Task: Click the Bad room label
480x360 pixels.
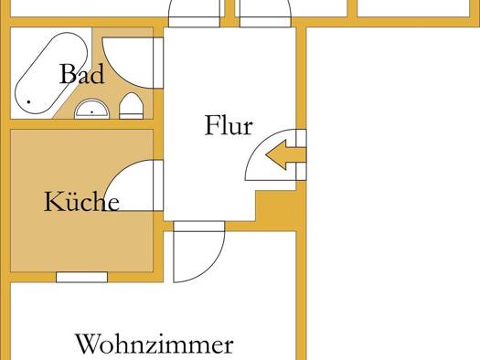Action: pyautogui.click(x=81, y=74)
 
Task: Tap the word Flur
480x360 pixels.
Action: pyautogui.click(x=229, y=125)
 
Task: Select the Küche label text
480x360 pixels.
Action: pyautogui.click(x=81, y=201)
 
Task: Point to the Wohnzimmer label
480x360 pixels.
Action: pyautogui.click(x=155, y=344)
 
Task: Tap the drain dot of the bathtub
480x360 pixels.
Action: pyautogui.click(x=28, y=101)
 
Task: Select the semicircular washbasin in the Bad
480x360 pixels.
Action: pyautogui.click(x=91, y=110)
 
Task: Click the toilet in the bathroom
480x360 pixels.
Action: pyautogui.click(x=131, y=106)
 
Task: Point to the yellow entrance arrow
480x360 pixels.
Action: pyautogui.click(x=285, y=154)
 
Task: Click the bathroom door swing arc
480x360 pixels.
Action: pyautogui.click(x=118, y=73)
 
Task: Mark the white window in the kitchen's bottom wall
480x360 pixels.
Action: pyautogui.click(x=81, y=277)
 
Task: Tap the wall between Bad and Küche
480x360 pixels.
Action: pyautogui.click(x=81, y=124)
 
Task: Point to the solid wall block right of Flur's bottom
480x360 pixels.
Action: pyautogui.click(x=275, y=206)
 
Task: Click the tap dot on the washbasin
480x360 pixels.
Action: pyautogui.click(x=91, y=112)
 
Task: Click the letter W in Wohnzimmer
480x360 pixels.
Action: pyautogui.click(x=87, y=344)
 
